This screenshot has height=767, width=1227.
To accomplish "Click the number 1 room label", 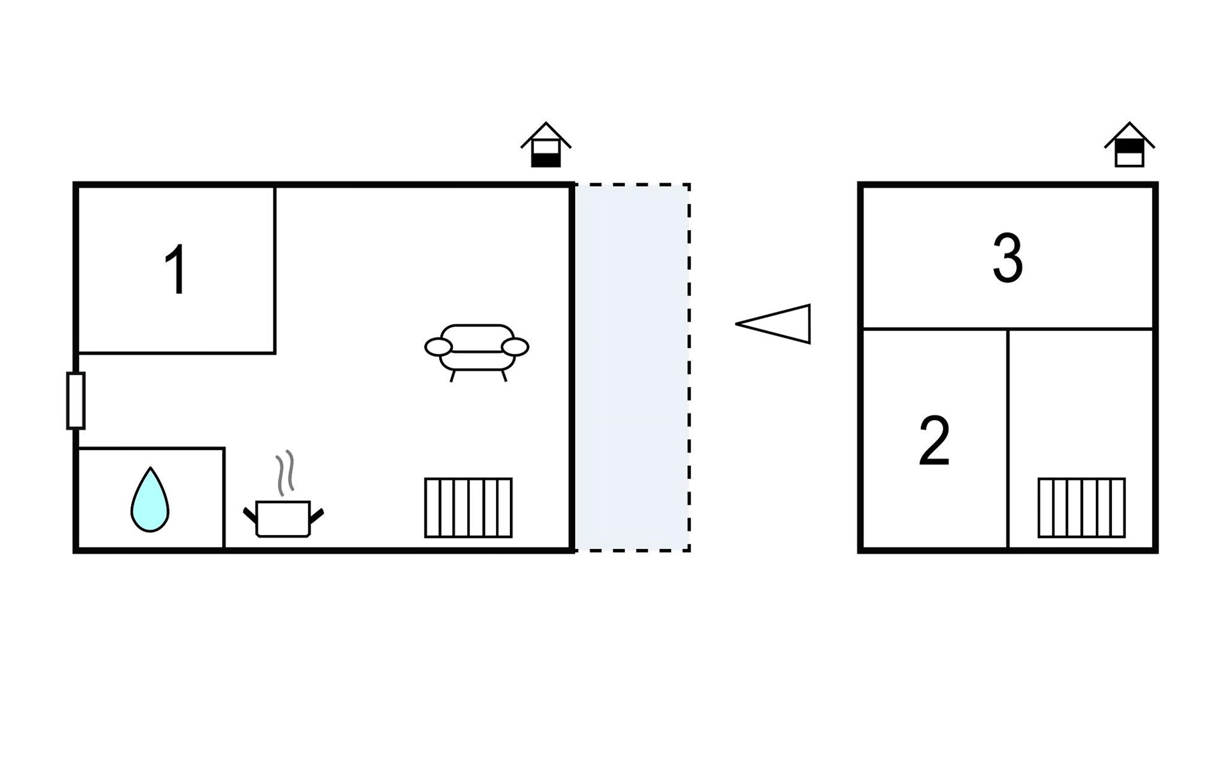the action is (x=176, y=270).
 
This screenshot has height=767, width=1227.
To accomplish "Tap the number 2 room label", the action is (x=934, y=441).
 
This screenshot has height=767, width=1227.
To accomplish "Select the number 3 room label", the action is (x=1008, y=258).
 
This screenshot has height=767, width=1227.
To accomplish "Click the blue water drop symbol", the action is (x=150, y=499).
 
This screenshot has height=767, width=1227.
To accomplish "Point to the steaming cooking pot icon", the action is (x=283, y=495).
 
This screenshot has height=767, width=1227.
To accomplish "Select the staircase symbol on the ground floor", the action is (x=468, y=507).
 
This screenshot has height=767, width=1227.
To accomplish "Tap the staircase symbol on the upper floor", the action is (x=1081, y=507).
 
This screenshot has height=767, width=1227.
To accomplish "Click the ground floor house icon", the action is (x=546, y=144).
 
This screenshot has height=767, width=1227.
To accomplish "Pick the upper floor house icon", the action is (x=1129, y=144).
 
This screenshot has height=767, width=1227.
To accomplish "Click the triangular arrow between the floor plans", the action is (x=773, y=324).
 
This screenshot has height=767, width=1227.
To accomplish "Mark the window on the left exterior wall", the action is (x=75, y=401).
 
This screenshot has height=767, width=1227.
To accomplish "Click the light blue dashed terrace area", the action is (x=632, y=368).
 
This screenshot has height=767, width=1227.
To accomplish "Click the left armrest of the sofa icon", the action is (x=438, y=347).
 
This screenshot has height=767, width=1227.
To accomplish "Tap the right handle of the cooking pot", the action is (x=316, y=515).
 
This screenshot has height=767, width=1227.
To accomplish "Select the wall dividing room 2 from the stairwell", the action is (x=1008, y=439).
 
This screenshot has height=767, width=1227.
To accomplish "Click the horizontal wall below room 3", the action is (x=1008, y=329).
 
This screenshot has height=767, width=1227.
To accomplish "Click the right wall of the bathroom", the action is (x=224, y=499).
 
